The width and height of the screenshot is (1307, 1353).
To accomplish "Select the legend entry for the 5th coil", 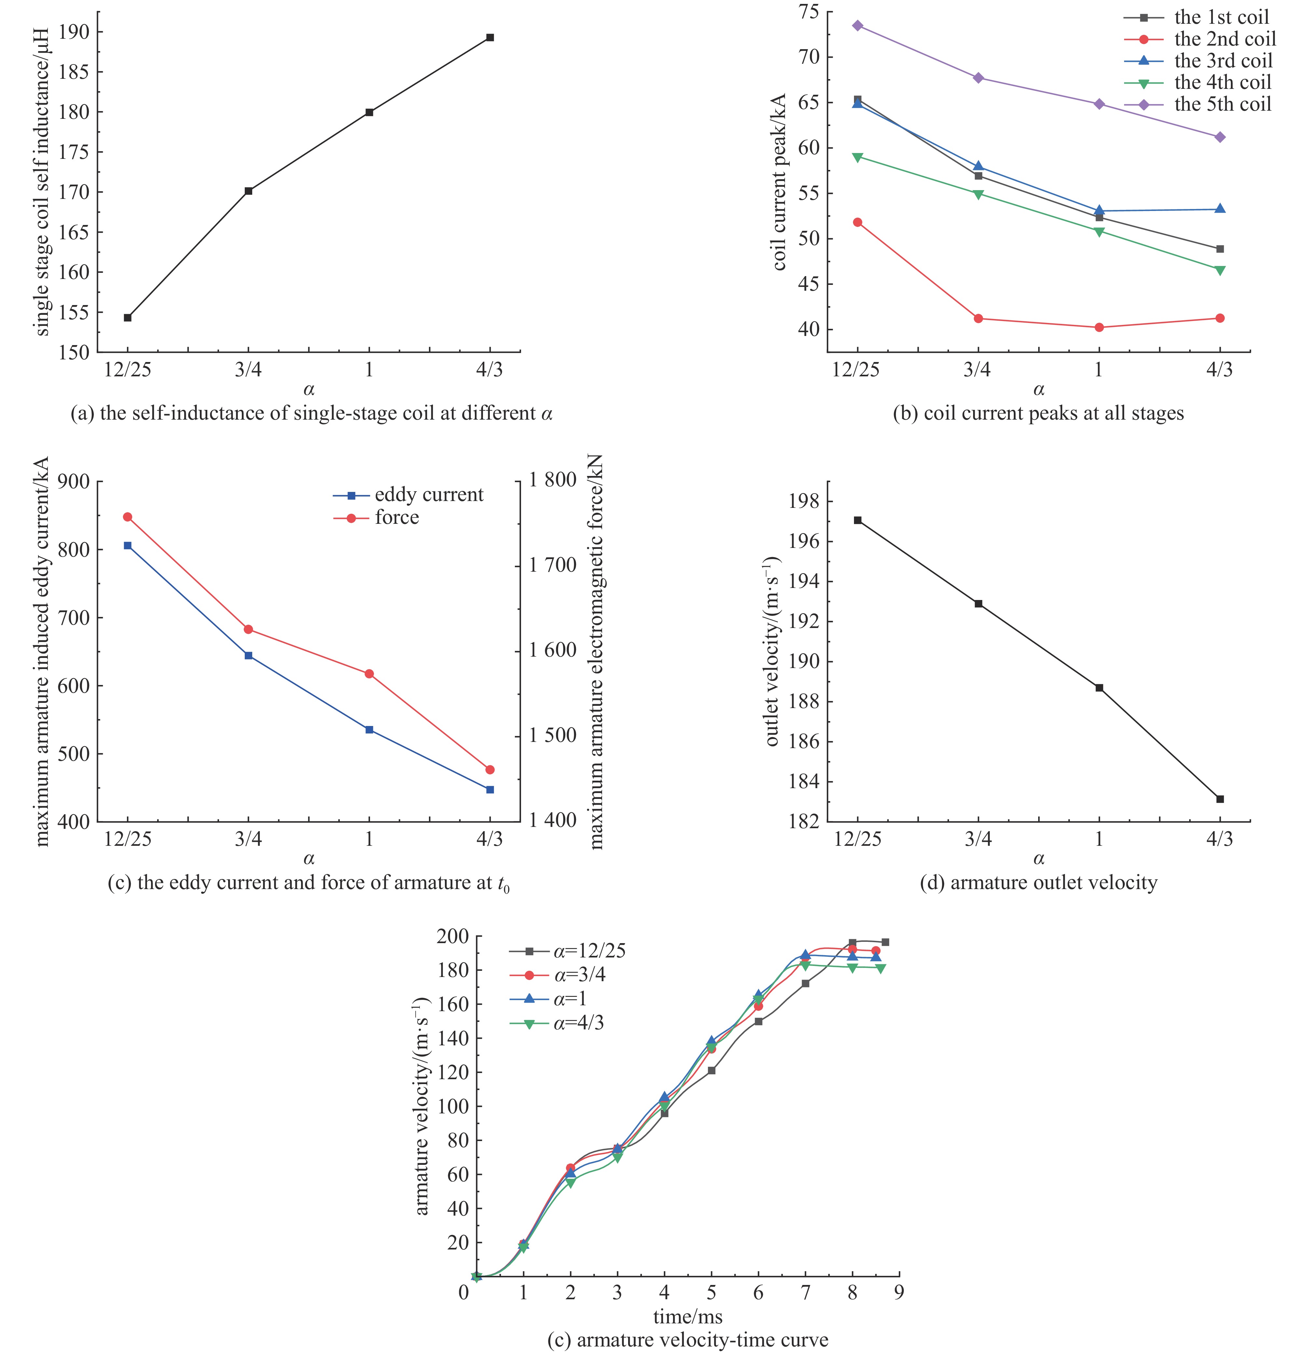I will click(1221, 104).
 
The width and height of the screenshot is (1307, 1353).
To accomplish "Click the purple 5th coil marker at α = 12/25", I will click(857, 25).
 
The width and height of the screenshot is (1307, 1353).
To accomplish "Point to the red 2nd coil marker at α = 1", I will click(1099, 327).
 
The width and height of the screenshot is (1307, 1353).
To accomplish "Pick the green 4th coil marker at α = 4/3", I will click(1220, 270).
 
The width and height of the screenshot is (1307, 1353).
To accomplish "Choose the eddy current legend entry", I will click(428, 495).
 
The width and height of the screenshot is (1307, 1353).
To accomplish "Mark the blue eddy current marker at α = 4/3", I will click(490, 789).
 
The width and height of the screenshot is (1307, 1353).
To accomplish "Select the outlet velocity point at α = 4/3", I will click(1220, 799).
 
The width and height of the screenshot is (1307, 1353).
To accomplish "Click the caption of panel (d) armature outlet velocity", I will click(1039, 883).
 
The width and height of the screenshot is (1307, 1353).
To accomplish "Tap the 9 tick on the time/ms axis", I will click(899, 1291).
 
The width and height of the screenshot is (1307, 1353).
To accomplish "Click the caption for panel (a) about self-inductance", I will click(312, 413).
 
